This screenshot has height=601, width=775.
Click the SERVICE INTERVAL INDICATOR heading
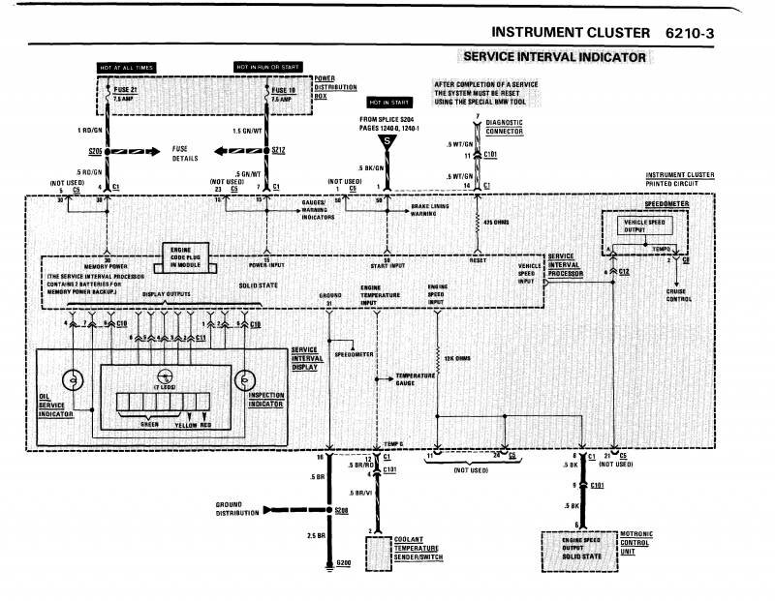coord(554,57)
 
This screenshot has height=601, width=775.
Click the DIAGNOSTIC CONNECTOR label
coord(505,128)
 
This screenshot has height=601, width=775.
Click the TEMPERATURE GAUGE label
coord(415,378)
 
